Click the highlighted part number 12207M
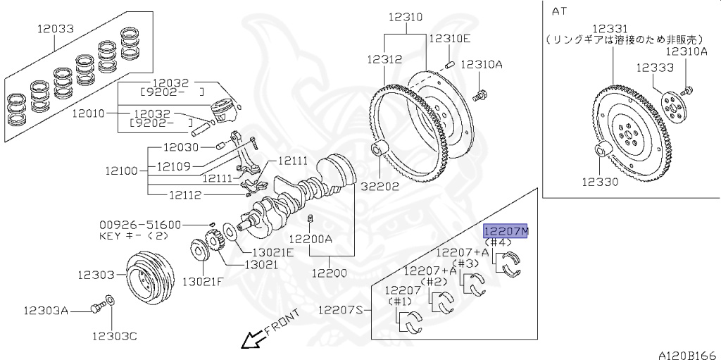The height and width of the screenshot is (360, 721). pos(506,231)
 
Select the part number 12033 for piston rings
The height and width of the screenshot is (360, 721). pos(56,29)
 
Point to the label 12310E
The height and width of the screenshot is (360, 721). pos(449,39)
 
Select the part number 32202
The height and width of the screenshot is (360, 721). pos(380,187)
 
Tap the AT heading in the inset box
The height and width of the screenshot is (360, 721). pos(559,11)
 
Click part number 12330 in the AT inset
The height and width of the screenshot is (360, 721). pos(600,182)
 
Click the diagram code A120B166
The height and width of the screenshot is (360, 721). pos(687,354)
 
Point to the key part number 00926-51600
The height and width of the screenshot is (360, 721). pos(140,225)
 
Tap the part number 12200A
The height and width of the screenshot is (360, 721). pos(311,239)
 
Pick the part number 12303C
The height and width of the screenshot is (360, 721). pos(113,336)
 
